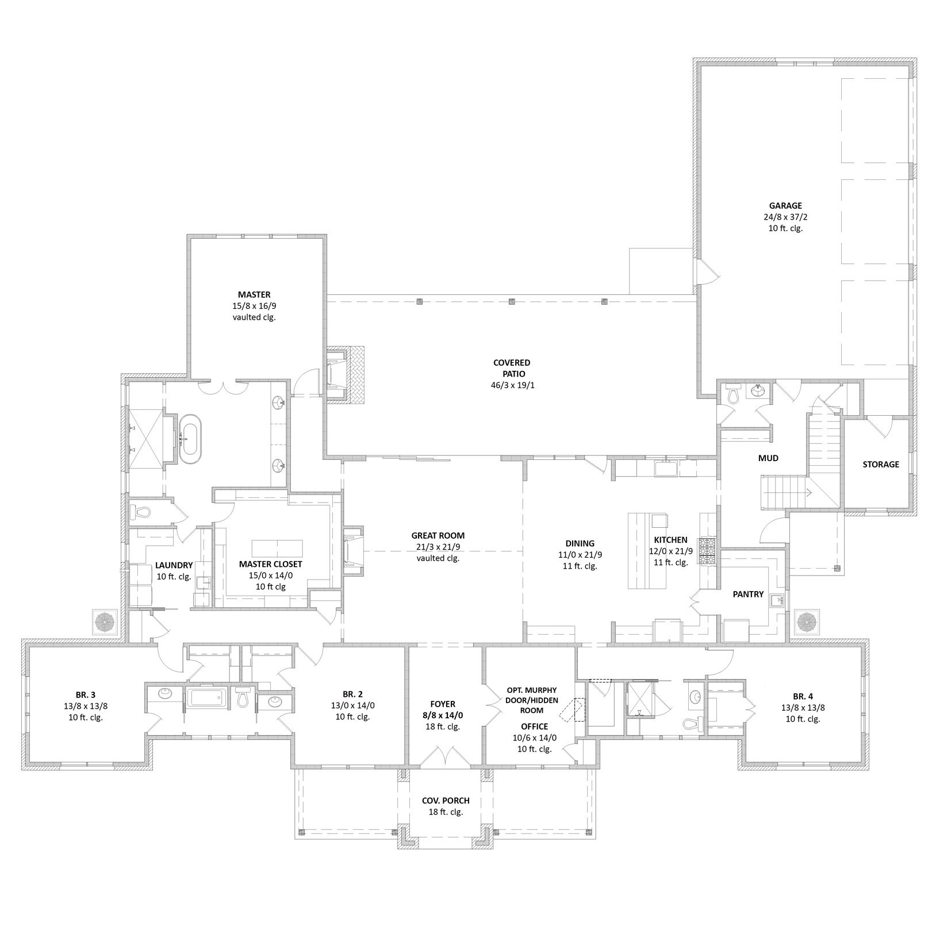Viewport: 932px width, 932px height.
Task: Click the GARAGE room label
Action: click(785, 206)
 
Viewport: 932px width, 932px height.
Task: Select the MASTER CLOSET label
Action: click(270, 564)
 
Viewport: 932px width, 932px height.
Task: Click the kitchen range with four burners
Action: click(707, 550)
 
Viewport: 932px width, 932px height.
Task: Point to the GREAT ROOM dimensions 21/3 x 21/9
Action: click(438, 547)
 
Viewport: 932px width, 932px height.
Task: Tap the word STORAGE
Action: click(880, 464)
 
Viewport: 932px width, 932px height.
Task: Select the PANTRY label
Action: click(748, 594)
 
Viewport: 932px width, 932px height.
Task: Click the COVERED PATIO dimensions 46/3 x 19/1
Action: click(512, 385)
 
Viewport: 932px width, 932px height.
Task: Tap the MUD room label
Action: click(768, 458)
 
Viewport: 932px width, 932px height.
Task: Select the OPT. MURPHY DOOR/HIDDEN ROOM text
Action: click(531, 700)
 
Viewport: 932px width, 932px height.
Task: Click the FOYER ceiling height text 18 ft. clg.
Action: click(442, 726)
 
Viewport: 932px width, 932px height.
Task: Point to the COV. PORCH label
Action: click(446, 800)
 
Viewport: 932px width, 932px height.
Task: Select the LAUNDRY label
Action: click(174, 565)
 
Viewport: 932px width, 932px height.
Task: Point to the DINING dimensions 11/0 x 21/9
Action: click(580, 554)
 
